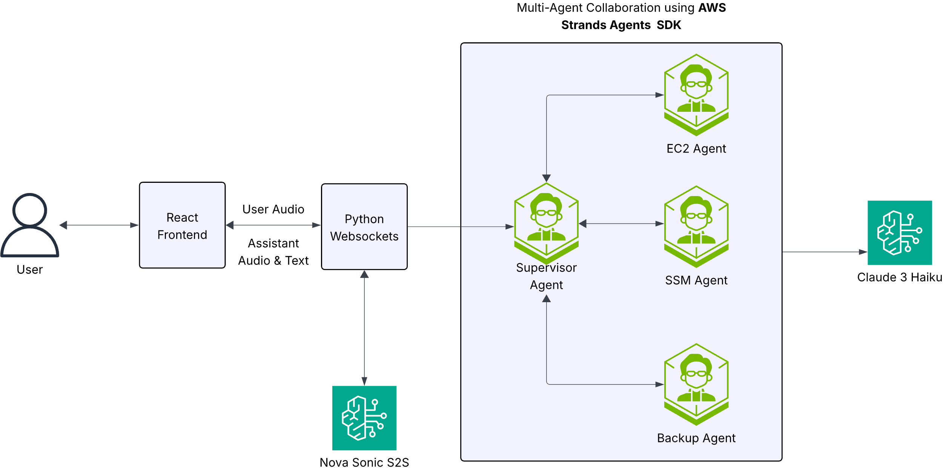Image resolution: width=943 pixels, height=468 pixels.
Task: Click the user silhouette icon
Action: pos(30,226)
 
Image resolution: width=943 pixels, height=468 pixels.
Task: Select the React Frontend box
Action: pos(182,226)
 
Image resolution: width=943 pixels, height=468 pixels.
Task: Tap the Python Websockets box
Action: pos(364,227)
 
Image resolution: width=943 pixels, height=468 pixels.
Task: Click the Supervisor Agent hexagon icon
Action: pos(546,223)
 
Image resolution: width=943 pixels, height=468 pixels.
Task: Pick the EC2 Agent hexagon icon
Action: pos(696,94)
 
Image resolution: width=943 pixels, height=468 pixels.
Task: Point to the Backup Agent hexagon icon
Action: pos(696,384)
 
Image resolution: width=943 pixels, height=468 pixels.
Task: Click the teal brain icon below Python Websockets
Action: pos(364,418)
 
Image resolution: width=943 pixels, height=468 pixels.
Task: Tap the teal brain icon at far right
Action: pos(899,233)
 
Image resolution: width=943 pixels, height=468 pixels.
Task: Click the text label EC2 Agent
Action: pos(696,149)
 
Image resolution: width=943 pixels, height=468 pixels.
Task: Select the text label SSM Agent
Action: pos(696,281)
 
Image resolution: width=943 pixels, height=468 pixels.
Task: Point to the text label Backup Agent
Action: pos(696,438)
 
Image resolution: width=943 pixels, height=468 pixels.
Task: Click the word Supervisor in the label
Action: pos(546,268)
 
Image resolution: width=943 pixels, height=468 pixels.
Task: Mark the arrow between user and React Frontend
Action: pos(99,225)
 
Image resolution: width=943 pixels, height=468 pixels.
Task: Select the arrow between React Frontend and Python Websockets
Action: pos(273,225)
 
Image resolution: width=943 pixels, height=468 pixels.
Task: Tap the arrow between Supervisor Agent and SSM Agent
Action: pos(621,224)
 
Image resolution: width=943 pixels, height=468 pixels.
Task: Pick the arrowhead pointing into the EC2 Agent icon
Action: pos(659,95)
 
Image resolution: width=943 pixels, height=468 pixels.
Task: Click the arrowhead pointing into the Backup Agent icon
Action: pos(659,385)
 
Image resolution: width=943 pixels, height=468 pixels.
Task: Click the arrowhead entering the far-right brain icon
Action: pos(863,252)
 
